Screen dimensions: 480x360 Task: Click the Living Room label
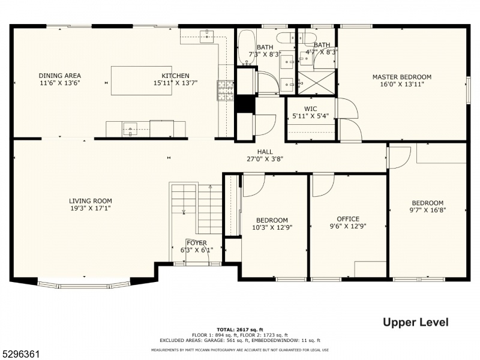pos(91,201)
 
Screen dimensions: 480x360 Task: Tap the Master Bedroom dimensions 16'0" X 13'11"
pos(401,84)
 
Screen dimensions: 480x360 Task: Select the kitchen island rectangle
pos(142,80)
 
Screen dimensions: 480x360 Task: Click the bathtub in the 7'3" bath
pos(247,47)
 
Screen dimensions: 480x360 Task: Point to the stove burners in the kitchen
pos(226,91)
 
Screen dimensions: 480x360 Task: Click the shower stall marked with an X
pos(317,83)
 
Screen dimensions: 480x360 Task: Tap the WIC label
pos(310,109)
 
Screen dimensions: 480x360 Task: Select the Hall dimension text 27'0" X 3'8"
pos(265,159)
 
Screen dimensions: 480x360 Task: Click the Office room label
pos(348,219)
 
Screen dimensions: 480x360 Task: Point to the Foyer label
pos(197,243)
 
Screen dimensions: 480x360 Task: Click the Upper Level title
pos(416,322)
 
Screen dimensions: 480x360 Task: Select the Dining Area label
pos(59,76)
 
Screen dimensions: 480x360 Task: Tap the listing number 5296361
pos(20,354)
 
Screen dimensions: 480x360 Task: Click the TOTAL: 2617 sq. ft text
pos(240,329)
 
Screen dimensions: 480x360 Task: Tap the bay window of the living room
pos(84,284)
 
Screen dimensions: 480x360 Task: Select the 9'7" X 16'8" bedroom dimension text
pos(428,210)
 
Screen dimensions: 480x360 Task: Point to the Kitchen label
pos(175,76)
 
